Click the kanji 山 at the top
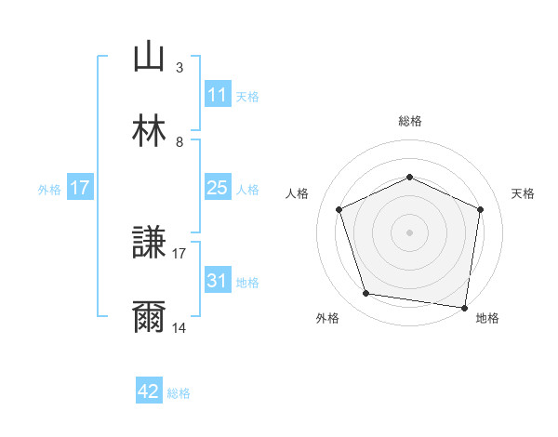pyautogui.click(x=149, y=57)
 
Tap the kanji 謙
pyautogui.click(x=149, y=244)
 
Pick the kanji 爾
pyautogui.click(x=149, y=317)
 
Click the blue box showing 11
pyautogui.click(x=217, y=95)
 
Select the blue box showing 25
pyautogui.click(x=217, y=188)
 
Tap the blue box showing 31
pyautogui.click(x=217, y=281)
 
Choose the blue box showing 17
pyautogui.click(x=80, y=188)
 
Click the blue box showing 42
pyautogui.click(x=149, y=392)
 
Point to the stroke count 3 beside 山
pyautogui.click(x=179, y=67)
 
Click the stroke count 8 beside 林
pyautogui.click(x=179, y=141)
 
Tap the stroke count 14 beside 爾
pyautogui.click(x=179, y=328)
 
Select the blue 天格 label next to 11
pyautogui.click(x=247, y=96)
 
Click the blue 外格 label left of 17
pyautogui.click(x=49, y=189)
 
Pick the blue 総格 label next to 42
pyautogui.click(x=179, y=393)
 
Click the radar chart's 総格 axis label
pyautogui.click(x=409, y=122)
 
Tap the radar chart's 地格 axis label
pyautogui.click(x=487, y=318)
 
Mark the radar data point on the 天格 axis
pyautogui.click(x=480, y=209)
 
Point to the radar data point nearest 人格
pyautogui.click(x=339, y=209)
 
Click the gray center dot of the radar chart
pyautogui.click(x=409, y=232)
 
